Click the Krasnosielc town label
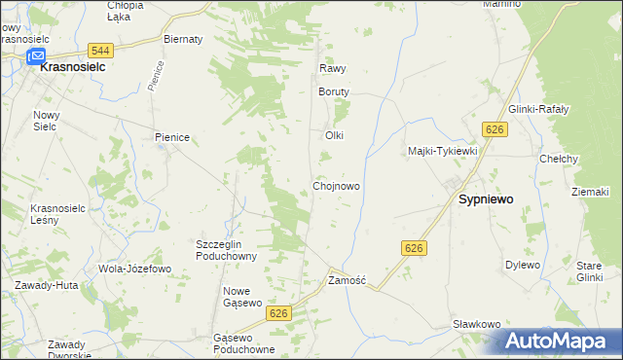[x=72, y=70]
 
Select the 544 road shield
[x=98, y=50]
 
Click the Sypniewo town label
[x=486, y=198]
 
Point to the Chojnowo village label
[x=337, y=185]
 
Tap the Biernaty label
[x=183, y=39]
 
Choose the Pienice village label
[x=171, y=138]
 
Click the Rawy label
[x=333, y=69]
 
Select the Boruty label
[x=333, y=91]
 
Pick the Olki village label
[x=335, y=135]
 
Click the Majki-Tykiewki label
[x=442, y=151]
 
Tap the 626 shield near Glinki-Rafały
[x=495, y=129]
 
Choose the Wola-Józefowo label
[x=134, y=268]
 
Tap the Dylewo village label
[x=522, y=264]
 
